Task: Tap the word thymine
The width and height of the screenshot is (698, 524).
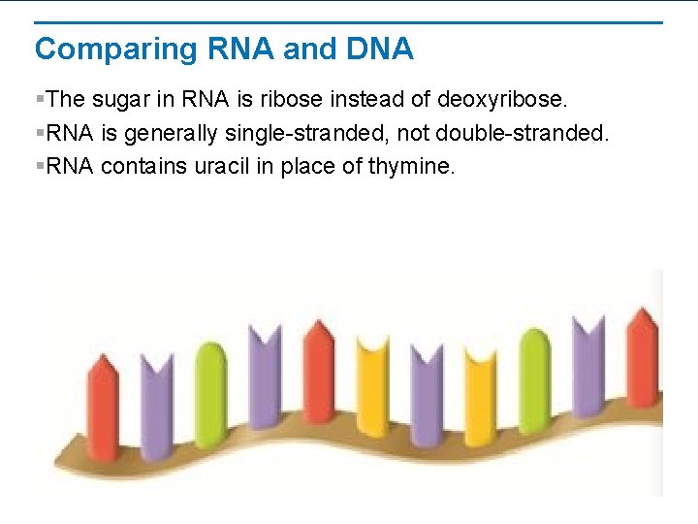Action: (410, 166)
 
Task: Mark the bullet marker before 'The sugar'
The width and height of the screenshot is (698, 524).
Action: (39, 99)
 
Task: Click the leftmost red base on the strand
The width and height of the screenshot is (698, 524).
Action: (104, 408)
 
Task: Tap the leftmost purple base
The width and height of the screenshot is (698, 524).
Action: (156, 408)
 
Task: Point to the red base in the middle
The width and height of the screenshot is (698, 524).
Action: (319, 374)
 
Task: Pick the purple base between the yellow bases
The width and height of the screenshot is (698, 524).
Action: (427, 398)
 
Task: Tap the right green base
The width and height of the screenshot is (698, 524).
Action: (534, 378)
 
